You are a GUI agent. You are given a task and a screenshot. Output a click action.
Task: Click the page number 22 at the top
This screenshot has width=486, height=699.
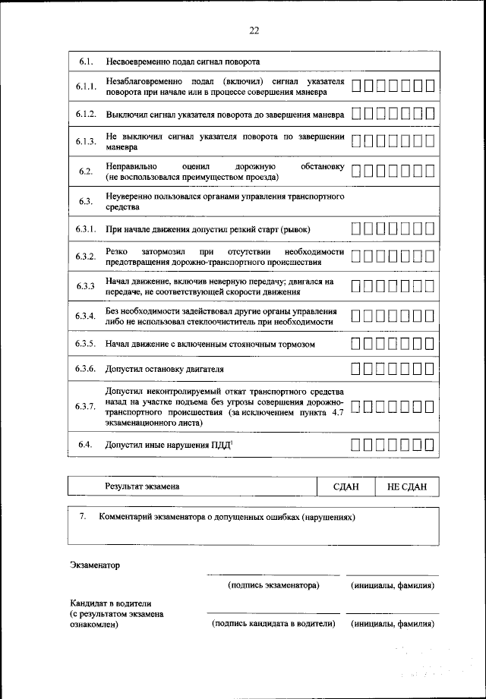[254, 30]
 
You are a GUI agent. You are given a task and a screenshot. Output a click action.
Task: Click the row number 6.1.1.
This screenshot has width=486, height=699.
[86, 87]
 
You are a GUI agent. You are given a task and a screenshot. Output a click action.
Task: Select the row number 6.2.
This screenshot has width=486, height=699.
[86, 171]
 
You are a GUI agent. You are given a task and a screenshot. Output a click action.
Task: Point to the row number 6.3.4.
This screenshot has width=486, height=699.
[86, 316]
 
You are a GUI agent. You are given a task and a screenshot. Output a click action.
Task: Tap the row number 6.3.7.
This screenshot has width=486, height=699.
[86, 407]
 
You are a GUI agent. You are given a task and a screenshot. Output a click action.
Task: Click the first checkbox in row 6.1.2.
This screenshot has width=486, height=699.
[357, 115]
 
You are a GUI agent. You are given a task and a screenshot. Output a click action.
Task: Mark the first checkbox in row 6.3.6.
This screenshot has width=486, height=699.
[357, 370]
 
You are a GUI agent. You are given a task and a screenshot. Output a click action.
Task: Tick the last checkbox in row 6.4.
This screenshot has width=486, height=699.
[429, 445]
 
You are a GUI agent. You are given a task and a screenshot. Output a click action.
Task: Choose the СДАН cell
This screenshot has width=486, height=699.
[346, 486]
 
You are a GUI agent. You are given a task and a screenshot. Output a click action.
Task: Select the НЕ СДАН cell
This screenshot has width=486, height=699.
[407, 486]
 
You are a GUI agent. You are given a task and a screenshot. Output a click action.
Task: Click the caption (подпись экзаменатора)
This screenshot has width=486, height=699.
[273, 586]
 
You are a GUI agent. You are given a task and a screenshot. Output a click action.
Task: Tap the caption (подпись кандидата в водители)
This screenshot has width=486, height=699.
[273, 624]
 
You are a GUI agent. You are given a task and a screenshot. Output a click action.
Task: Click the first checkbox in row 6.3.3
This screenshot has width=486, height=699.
[357, 287]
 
